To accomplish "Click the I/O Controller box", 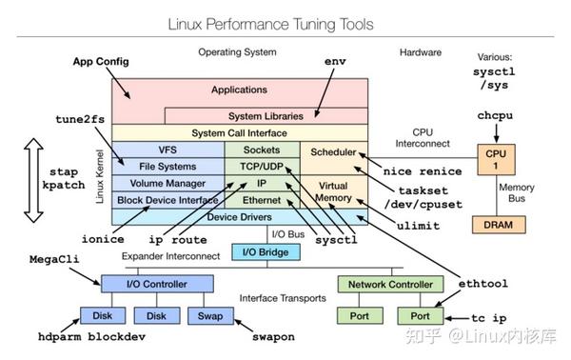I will (x=145, y=283).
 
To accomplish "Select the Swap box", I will (x=209, y=315).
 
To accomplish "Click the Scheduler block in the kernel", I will (x=333, y=151).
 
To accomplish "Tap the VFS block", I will (x=167, y=150).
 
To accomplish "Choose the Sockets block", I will (x=261, y=150).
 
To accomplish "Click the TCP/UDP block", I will (x=261, y=167).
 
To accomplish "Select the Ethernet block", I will (x=261, y=200).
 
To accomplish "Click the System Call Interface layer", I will (x=239, y=133).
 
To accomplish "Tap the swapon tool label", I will (x=272, y=336).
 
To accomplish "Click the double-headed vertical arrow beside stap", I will (x=31, y=180).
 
